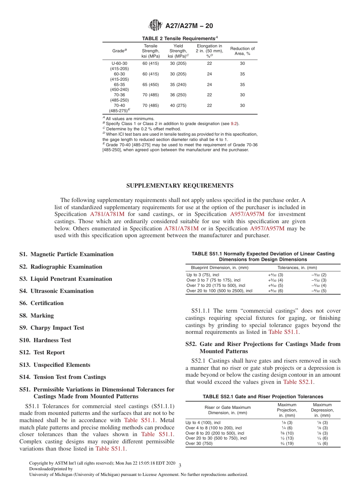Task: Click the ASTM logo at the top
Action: click(x=155, y=26)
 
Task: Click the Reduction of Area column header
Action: click(x=242, y=51)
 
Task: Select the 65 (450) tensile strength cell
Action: click(x=150, y=85)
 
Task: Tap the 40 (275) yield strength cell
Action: click(x=178, y=105)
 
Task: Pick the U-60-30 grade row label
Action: click(x=119, y=63)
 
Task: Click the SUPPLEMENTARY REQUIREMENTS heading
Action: click(x=180, y=186)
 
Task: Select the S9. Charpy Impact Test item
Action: click(x=52, y=328)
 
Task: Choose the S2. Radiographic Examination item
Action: click(x=61, y=267)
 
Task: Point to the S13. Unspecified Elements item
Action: click(x=55, y=365)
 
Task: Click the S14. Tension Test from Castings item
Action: click(x=63, y=377)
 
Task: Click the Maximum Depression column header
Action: click(x=322, y=410)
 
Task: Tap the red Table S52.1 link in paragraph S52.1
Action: click(x=298, y=382)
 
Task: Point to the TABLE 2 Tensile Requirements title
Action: click(x=180, y=39)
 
